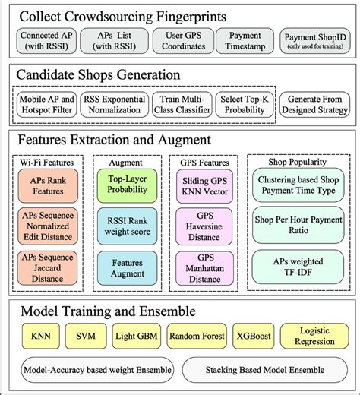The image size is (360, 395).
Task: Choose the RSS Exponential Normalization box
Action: click(x=112, y=105)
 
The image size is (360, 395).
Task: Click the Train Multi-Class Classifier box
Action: click(x=179, y=105)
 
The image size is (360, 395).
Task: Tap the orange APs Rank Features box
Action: click(x=47, y=185)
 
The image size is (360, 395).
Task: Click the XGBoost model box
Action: click(x=251, y=336)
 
